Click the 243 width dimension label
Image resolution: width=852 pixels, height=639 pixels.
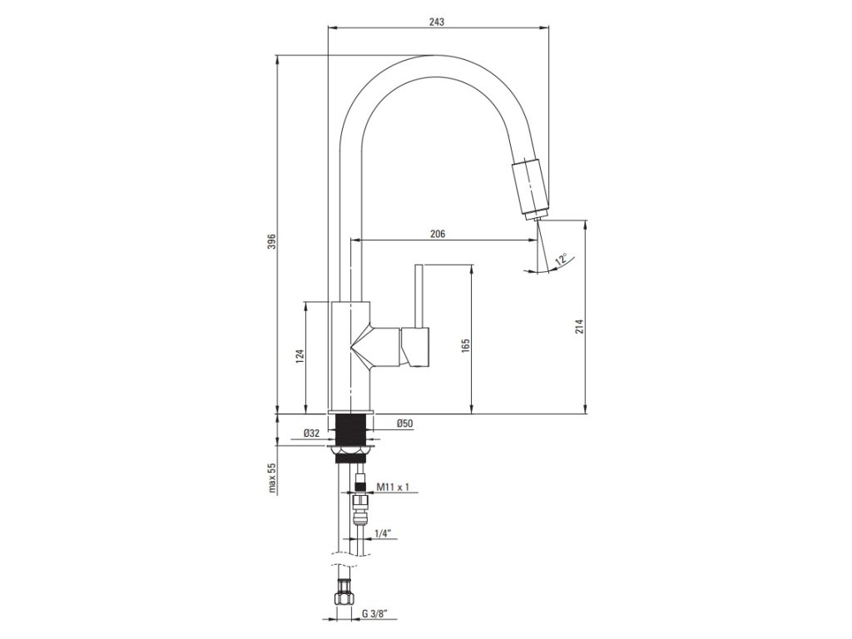click(x=436, y=22)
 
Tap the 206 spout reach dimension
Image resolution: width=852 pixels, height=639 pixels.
click(x=438, y=235)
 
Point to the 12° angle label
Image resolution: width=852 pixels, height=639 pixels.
click(x=562, y=260)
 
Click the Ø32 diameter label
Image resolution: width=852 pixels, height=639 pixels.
click(x=311, y=433)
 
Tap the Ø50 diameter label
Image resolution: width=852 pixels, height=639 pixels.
click(x=405, y=424)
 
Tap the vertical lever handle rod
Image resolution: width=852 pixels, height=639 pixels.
click(x=419, y=295)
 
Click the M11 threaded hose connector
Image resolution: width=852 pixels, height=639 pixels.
click(x=359, y=488)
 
